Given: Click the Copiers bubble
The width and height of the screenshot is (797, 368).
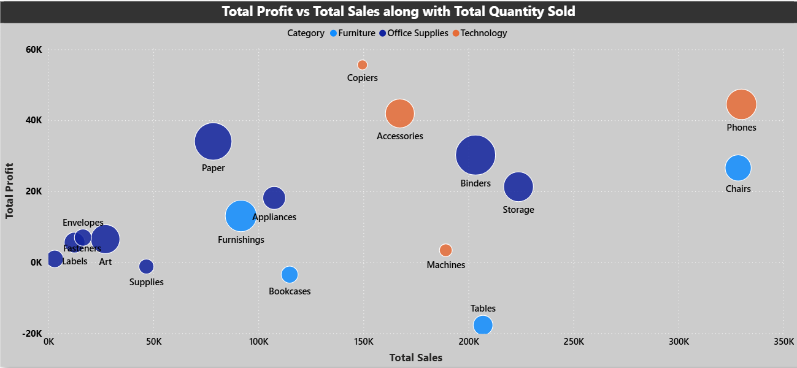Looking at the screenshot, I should pyautogui.click(x=362, y=64).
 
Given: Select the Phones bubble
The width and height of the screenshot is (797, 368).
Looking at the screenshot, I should pyautogui.click(x=741, y=104).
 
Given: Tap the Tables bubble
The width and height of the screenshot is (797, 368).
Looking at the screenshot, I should pyautogui.click(x=483, y=324).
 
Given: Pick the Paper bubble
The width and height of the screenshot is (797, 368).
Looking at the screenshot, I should pyautogui.click(x=213, y=142).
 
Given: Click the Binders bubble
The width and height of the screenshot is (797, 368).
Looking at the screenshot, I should pyautogui.click(x=476, y=155).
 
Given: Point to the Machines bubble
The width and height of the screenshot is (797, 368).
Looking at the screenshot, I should pyautogui.click(x=446, y=250).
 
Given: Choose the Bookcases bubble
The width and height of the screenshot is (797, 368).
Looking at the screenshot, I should pyautogui.click(x=290, y=274).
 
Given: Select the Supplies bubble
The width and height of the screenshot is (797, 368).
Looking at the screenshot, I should pyautogui.click(x=146, y=266).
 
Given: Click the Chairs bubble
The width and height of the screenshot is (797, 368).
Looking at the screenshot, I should pyautogui.click(x=737, y=168).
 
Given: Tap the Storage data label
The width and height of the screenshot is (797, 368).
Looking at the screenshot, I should pyautogui.click(x=518, y=210).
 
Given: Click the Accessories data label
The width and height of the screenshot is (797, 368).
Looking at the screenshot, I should pyautogui.click(x=400, y=136).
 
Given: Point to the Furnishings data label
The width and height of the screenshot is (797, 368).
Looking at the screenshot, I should pyautogui.click(x=241, y=240).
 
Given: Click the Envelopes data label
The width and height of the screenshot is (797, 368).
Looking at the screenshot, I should pyautogui.click(x=83, y=223).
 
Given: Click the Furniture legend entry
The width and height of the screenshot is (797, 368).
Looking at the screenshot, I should pyautogui.click(x=356, y=33).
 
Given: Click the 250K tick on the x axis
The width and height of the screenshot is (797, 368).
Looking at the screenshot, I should pyautogui.click(x=574, y=341).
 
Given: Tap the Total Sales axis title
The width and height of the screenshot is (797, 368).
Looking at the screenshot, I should pyautogui.click(x=415, y=357).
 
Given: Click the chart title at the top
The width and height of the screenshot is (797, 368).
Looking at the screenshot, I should pyautogui.click(x=398, y=11).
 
